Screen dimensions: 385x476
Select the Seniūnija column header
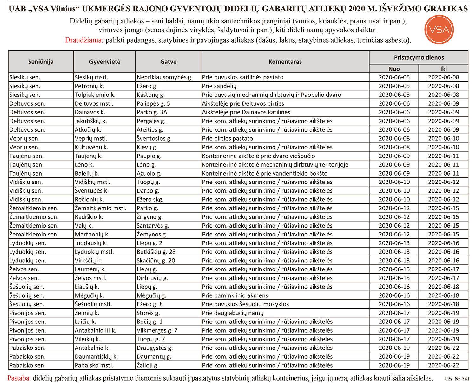click(41, 62)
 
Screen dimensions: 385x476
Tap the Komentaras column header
click(285, 62)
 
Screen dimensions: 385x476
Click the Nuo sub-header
click(394, 69)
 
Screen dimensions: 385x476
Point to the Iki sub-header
click(443, 69)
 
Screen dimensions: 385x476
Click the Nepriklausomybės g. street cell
click(164, 77)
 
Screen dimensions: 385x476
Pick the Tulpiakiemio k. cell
click(95, 95)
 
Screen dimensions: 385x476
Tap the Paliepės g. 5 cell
click(153, 103)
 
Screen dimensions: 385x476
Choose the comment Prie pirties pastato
click(227, 138)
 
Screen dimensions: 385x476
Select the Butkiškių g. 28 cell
click(156, 252)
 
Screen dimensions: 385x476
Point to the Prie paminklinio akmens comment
click(235, 295)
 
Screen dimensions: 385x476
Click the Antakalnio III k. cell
click(95, 330)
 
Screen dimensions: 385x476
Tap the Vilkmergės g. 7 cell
click(157, 330)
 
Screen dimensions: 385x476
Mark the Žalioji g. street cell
click(148, 365)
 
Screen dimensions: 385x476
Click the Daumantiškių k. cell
click(96, 356)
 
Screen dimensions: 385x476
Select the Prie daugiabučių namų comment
click(233, 313)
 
